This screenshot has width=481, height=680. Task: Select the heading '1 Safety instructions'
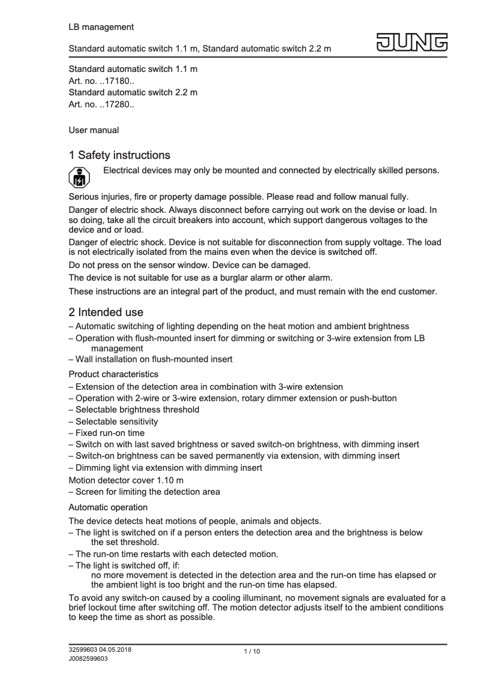[x=119, y=156]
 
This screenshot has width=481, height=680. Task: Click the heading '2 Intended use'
[x=106, y=312]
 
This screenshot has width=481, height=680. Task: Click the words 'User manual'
[x=94, y=130]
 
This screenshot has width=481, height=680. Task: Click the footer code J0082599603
[x=88, y=658]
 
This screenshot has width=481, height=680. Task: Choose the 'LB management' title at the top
[x=101, y=27]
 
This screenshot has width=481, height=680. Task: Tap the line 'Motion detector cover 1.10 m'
[x=126, y=480]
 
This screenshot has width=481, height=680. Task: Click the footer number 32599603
[x=83, y=650]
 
